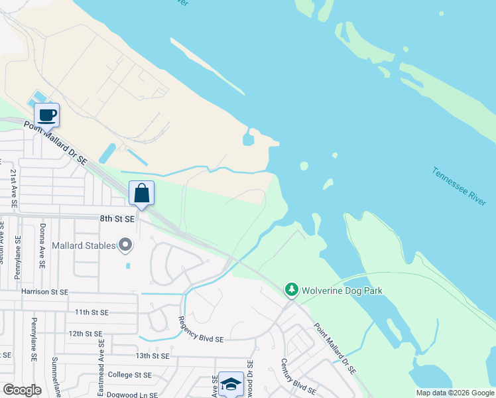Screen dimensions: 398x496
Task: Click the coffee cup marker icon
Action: pyautogui.click(x=46, y=115)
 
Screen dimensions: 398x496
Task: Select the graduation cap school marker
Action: pyautogui.click(x=231, y=384)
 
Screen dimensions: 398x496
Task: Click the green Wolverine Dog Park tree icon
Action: pyautogui.click(x=291, y=290)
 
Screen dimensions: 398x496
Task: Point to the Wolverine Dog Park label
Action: pyautogui.click(x=342, y=291)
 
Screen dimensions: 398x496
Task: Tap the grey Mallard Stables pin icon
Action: pyautogui.click(x=125, y=245)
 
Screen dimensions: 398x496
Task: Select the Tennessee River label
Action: pyautogui.click(x=459, y=186)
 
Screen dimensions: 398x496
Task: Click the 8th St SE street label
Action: pyautogui.click(x=117, y=218)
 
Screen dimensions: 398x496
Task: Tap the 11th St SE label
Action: pyautogui.click(x=91, y=312)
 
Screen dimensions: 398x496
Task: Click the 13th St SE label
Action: pyautogui.click(x=153, y=356)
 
